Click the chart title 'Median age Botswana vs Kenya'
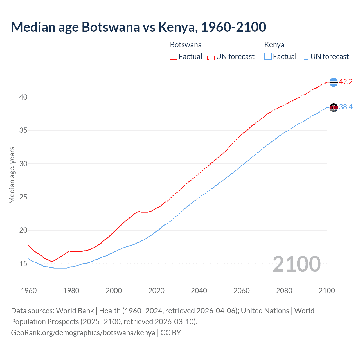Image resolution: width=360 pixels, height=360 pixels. pyautogui.click(x=138, y=27)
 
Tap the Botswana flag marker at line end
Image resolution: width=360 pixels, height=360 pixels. pyautogui.click(x=334, y=82)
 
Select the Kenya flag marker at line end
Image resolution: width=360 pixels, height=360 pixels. pyautogui.click(x=334, y=107)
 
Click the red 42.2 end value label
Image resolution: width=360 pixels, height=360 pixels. pyautogui.click(x=346, y=82)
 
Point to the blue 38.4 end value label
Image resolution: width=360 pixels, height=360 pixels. pyautogui.click(x=346, y=107)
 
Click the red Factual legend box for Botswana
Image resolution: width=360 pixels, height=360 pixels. pyautogui.click(x=174, y=57)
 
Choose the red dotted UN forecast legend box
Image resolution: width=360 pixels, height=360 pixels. pyautogui.click(x=211, y=57)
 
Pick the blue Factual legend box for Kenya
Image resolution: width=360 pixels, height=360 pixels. pyautogui.click(x=268, y=57)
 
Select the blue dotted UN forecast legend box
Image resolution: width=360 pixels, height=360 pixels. pyautogui.click(x=305, y=57)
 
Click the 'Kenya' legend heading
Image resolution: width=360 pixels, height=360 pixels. pyautogui.click(x=274, y=45)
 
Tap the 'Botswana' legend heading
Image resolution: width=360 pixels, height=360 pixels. pyautogui.click(x=186, y=45)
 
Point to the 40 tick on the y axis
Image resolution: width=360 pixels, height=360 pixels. pyautogui.click(x=23, y=97)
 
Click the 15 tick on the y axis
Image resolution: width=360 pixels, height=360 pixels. pyautogui.click(x=23, y=264)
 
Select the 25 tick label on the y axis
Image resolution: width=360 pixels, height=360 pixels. pyautogui.click(x=23, y=197)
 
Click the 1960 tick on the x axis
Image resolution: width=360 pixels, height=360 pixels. pyautogui.click(x=29, y=291)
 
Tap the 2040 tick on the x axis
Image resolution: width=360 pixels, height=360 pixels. pyautogui.click(x=199, y=291)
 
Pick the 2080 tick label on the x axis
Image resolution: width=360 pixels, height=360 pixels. pyautogui.click(x=284, y=291)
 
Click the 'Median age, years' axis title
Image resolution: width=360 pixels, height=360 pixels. pyautogui.click(x=12, y=175)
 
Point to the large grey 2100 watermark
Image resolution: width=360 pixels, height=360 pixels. pyautogui.click(x=296, y=264)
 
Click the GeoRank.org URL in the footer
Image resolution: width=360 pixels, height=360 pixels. pyautogui.click(x=83, y=333)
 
